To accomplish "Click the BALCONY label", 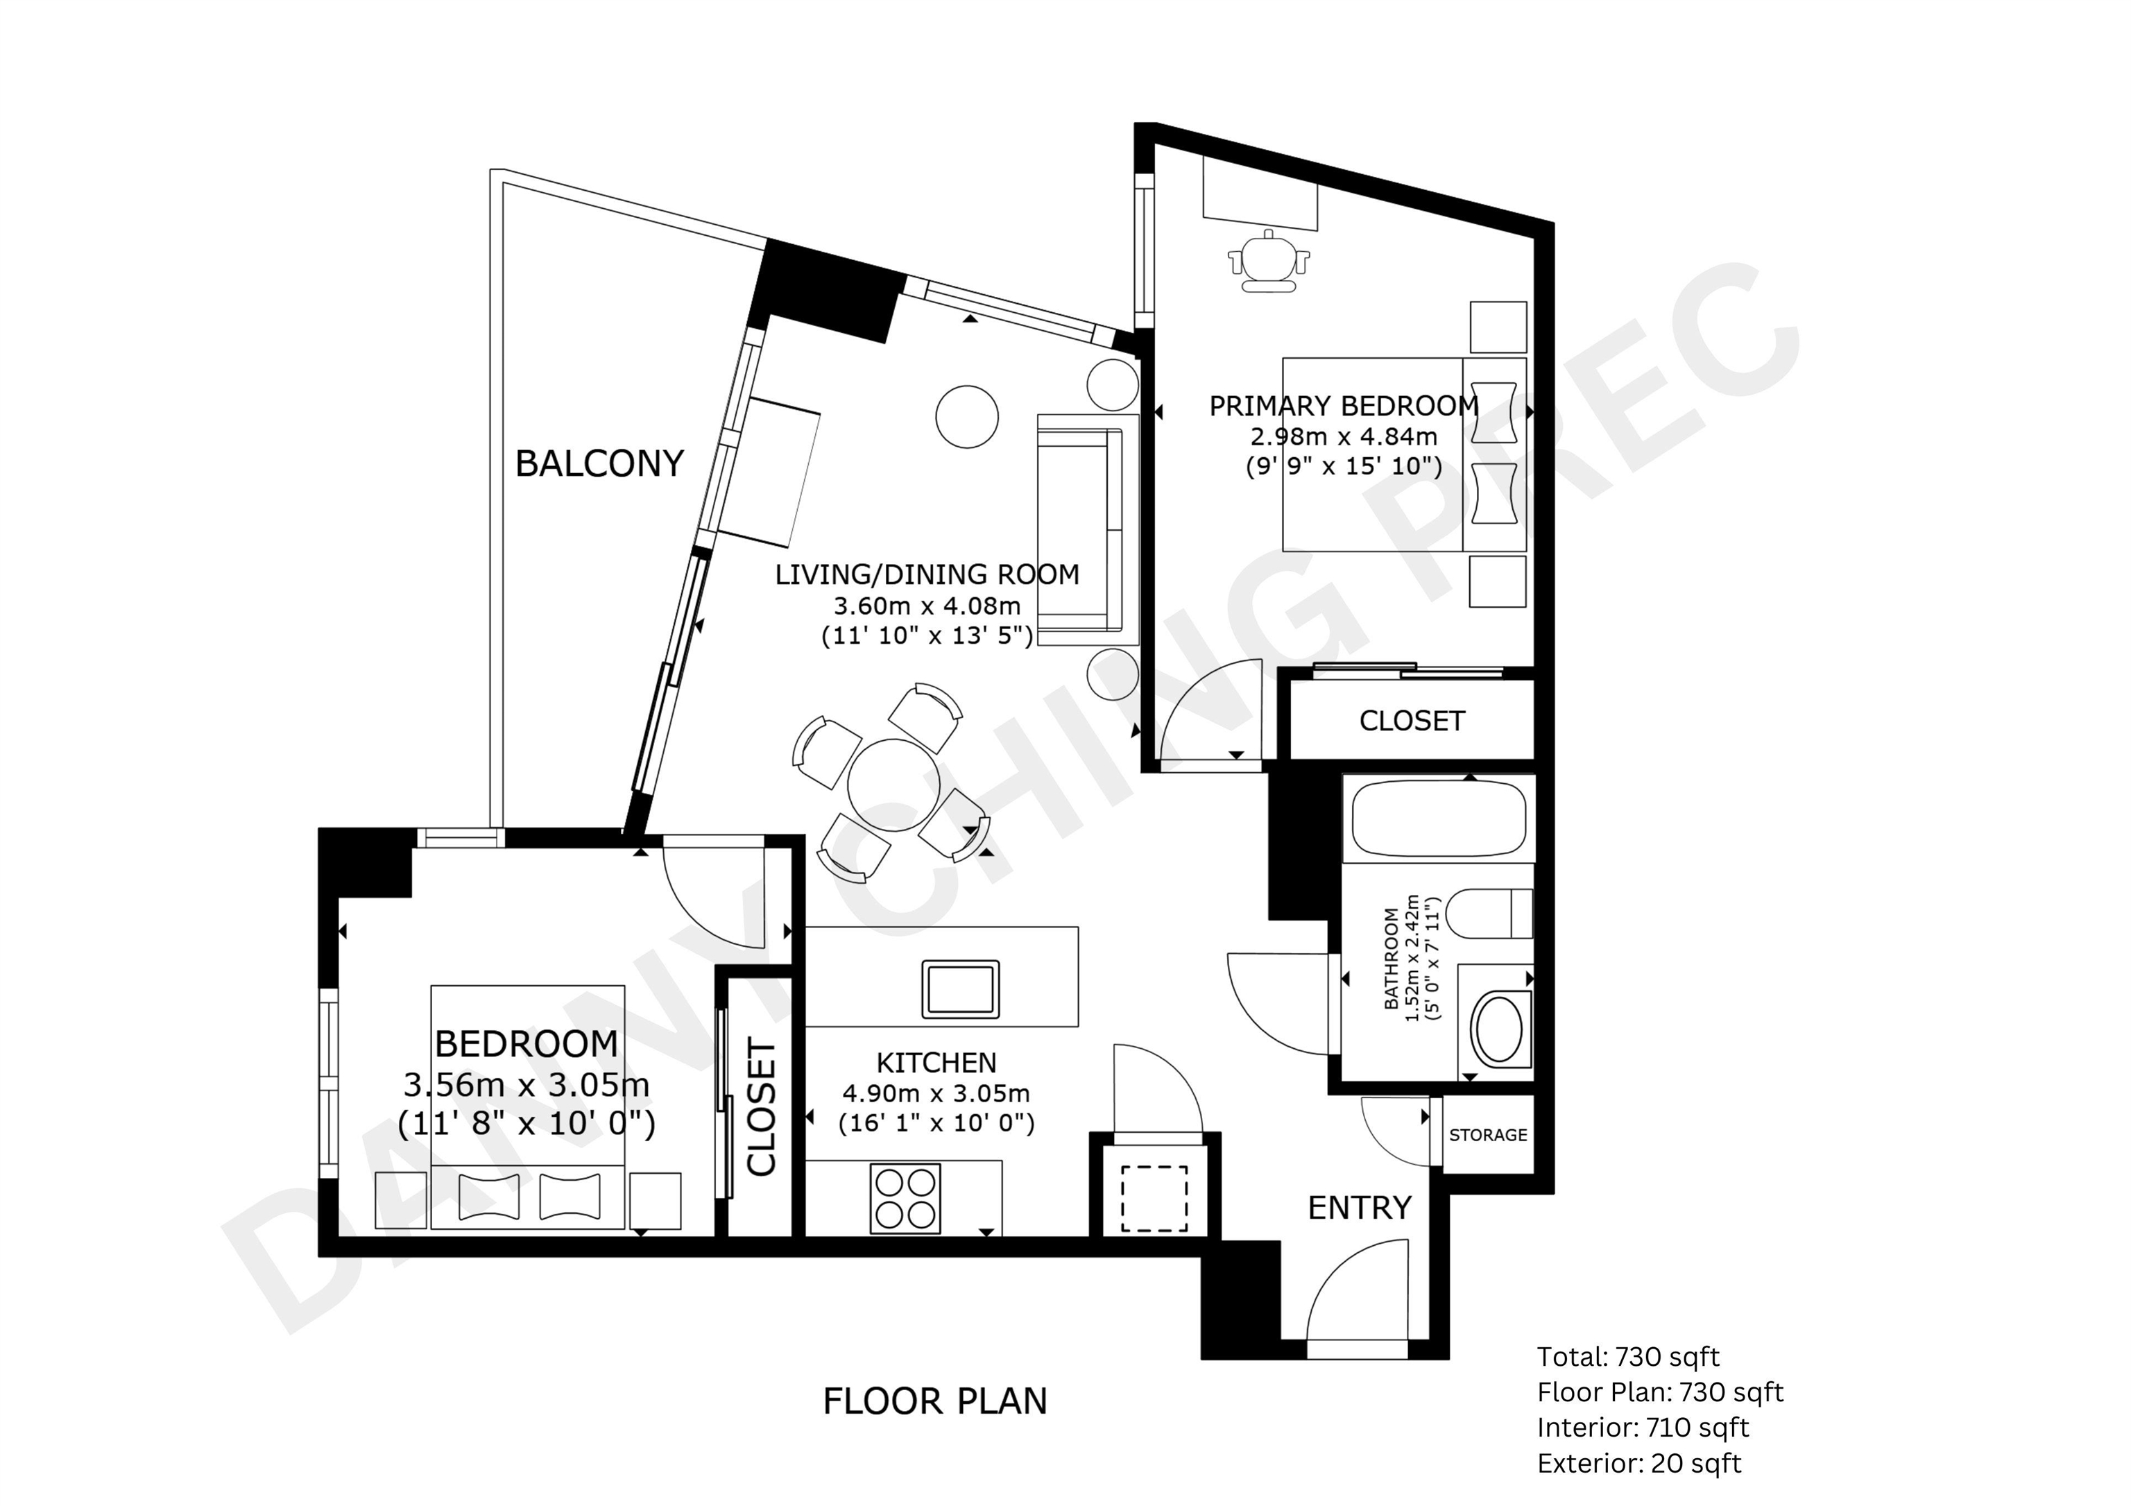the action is click(599, 463).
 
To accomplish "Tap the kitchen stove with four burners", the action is click(905, 1198).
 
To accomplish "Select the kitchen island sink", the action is click(959, 989).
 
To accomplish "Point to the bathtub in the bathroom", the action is click(1439, 817).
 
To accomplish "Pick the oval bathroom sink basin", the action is click(1497, 1028).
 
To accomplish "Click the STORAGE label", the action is click(1488, 1135).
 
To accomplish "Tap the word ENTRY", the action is click(1360, 1207).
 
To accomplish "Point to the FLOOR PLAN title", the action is click(934, 1401).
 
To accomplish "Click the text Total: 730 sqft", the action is click(1628, 1357).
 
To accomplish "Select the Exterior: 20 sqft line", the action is click(1639, 1463).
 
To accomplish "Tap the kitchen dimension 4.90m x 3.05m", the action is click(936, 1093).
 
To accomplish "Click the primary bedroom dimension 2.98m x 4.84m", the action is click(1344, 436).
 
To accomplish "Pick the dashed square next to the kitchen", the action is click(1154, 1198).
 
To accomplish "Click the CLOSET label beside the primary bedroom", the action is click(1412, 721).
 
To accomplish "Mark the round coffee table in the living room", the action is click(967, 417).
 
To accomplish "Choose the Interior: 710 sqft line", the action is click(1643, 1427).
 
